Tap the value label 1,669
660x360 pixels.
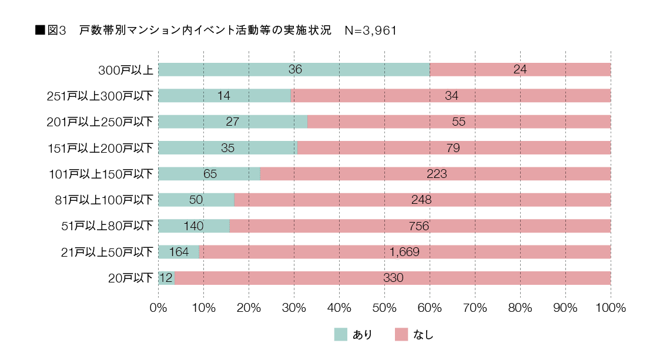point(404,252)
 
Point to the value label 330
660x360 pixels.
point(393,278)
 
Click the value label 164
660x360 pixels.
point(179,252)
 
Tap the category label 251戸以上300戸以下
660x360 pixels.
point(100,96)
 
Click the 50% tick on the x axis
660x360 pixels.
point(384,307)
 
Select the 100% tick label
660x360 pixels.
point(611,307)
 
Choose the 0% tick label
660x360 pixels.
point(159,307)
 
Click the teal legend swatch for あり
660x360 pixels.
point(341,335)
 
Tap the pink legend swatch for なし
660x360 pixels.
point(402,335)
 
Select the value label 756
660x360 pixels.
point(418,226)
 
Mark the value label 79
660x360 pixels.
point(453,148)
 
